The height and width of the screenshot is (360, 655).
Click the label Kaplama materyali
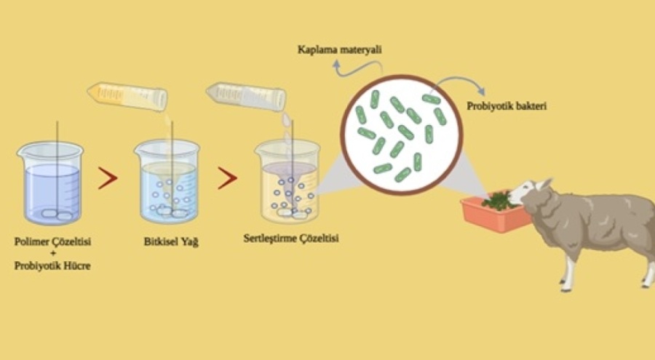339,49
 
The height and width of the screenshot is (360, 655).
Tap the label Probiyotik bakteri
507,106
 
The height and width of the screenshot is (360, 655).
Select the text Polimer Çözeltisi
52,241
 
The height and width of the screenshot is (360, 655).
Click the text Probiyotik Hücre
52,265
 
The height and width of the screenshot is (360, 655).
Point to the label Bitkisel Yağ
171,241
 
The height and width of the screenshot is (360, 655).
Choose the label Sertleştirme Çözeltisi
290,239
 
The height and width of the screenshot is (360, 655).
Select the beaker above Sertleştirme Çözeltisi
287,181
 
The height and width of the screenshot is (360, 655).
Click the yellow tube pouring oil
127,96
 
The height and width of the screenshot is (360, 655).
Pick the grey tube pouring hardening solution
246,96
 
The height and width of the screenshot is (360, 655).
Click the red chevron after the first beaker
108,178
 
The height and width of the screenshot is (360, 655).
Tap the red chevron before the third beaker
227,178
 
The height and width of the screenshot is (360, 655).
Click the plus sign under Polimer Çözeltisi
52,254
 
